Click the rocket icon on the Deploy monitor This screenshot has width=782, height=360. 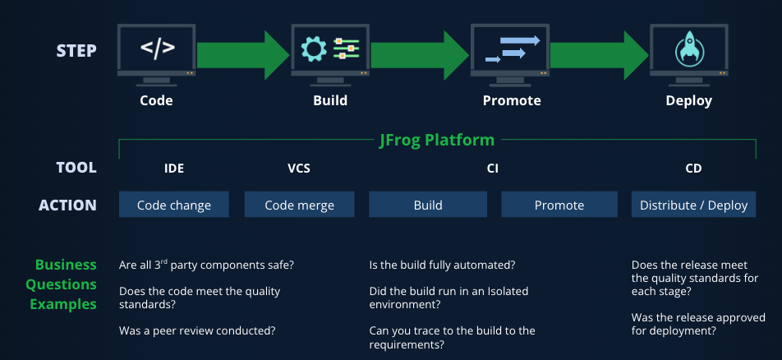click(688, 49)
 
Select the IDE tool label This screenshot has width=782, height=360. click(174, 168)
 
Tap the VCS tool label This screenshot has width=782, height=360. click(299, 168)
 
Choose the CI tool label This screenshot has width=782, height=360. click(493, 168)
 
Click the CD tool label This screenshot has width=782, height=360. click(693, 168)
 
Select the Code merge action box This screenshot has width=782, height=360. click(300, 205)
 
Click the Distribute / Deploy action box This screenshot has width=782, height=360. click(694, 205)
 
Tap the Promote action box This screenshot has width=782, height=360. click(559, 205)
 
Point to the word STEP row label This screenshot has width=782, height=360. click(76, 51)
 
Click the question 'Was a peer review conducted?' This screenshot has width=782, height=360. click(197, 330)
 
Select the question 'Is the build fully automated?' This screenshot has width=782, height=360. click(442, 265)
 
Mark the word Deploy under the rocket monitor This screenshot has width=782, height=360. click(688, 101)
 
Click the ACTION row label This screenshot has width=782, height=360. click(67, 205)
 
